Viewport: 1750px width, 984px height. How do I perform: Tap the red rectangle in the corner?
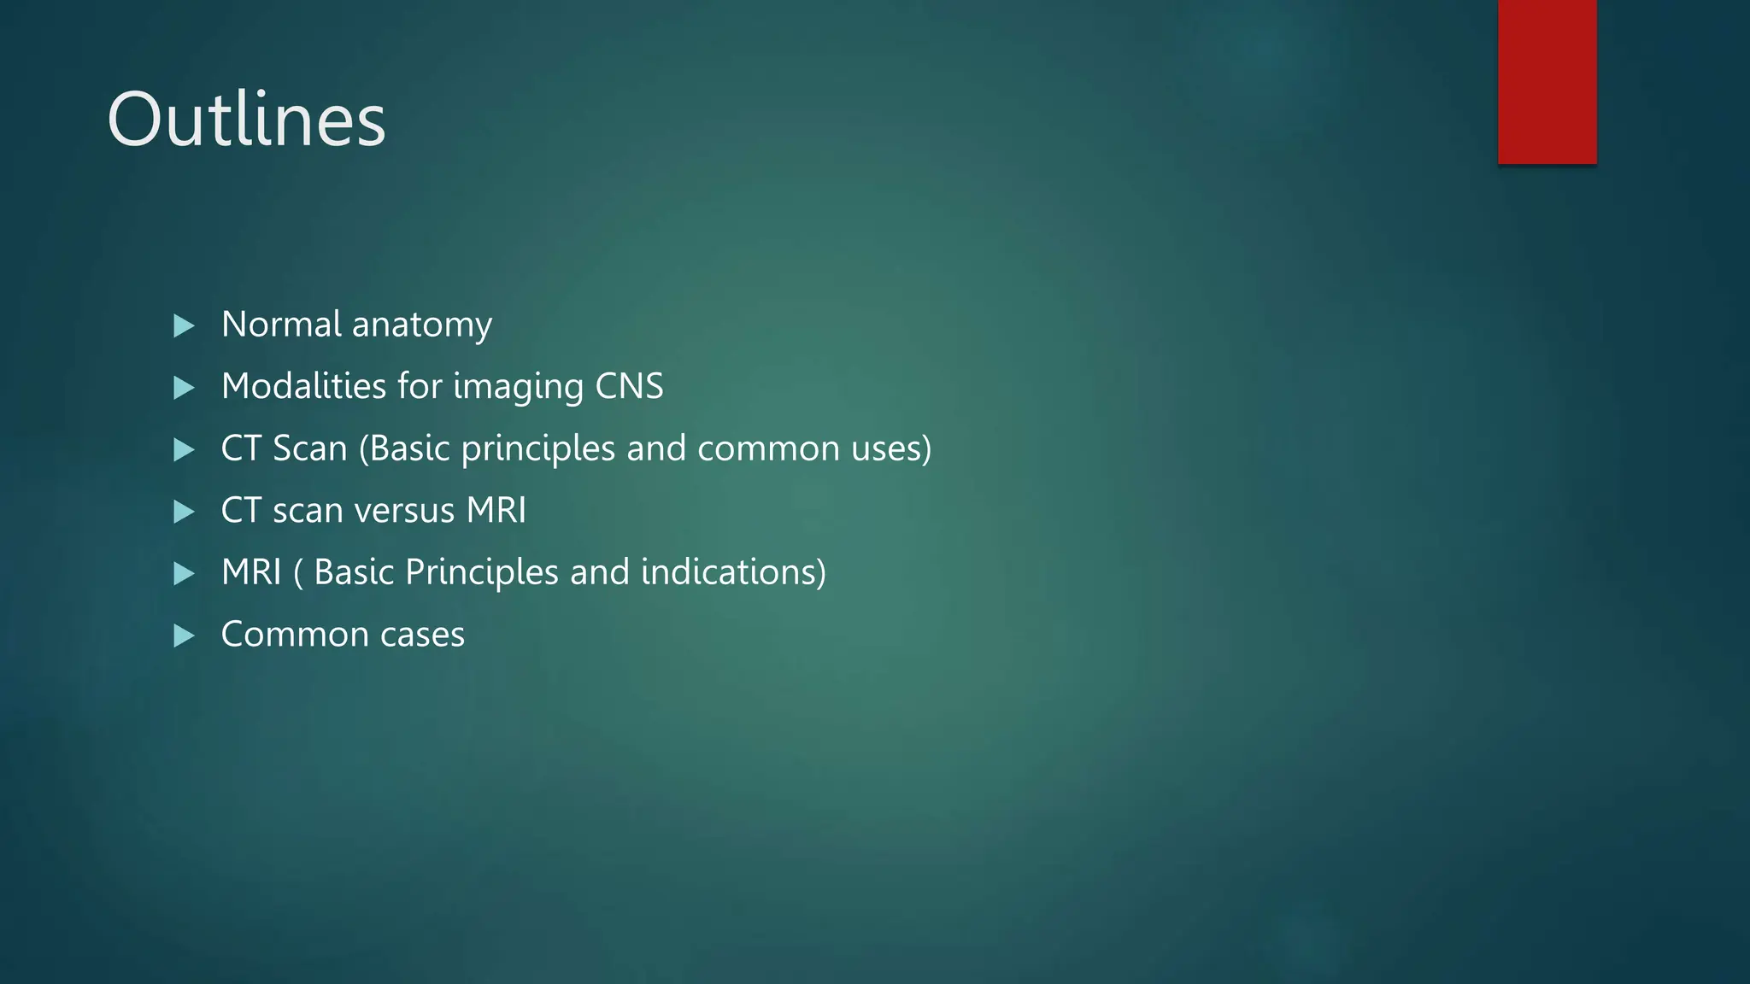(1547, 81)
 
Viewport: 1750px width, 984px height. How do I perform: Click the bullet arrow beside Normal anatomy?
(184, 325)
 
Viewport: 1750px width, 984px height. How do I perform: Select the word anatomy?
(422, 325)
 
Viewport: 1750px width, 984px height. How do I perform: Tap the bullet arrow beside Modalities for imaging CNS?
(184, 388)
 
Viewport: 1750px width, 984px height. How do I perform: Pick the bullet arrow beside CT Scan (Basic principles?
(184, 449)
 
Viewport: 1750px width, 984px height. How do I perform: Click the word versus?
(404, 511)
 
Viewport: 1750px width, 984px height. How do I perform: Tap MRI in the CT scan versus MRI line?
(496, 511)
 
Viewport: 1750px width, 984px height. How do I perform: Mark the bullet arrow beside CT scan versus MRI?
(184, 512)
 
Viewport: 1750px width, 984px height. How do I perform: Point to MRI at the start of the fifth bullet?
(251, 572)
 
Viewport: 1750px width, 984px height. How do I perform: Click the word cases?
(422, 635)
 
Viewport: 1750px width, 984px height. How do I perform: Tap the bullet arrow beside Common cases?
(184, 635)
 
